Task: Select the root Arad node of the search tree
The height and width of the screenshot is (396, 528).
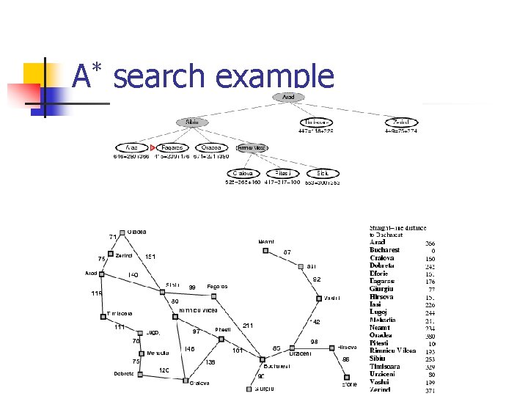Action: pos(288,97)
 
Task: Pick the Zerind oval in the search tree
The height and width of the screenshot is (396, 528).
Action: pos(403,122)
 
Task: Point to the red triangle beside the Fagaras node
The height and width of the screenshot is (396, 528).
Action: pos(153,148)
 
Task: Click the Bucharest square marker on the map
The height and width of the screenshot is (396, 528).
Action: pos(262,359)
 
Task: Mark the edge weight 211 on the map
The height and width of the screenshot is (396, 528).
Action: pos(248,326)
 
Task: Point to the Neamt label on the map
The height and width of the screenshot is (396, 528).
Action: pos(266,241)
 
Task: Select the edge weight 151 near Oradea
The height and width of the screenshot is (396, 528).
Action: pos(150,257)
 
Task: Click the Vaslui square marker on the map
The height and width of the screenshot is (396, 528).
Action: pos(318,298)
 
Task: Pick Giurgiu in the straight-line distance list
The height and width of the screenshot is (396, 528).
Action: pos(381,289)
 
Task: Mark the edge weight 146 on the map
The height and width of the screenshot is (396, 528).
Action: pos(189,348)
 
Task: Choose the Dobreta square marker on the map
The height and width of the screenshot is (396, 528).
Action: pos(141,373)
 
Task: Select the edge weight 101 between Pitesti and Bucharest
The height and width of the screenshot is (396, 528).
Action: pos(237,351)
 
